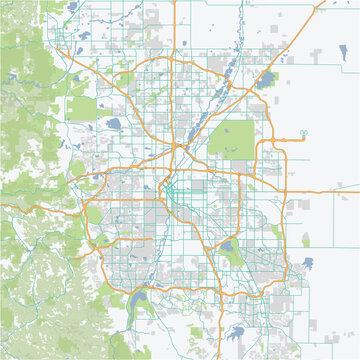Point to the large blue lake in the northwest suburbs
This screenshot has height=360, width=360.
pyautogui.click(x=113, y=125)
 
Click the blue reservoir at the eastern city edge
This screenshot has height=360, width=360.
pyautogui.click(x=307, y=262)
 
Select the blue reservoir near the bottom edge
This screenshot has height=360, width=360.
pyautogui.click(x=237, y=332)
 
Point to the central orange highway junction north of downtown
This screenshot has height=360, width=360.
pyautogui.click(x=178, y=149)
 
